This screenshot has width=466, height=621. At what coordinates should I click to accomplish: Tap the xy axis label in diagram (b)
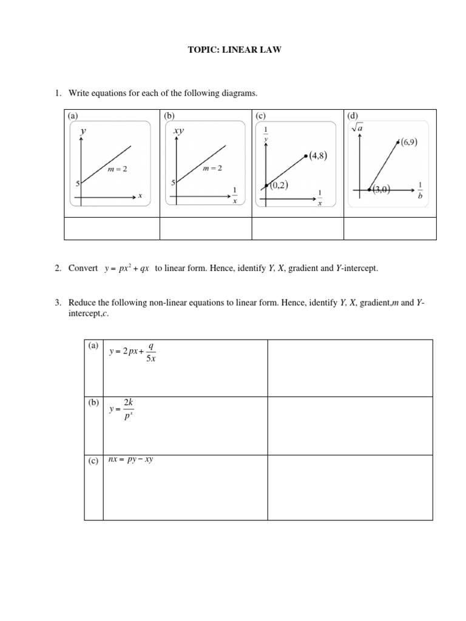pyautogui.click(x=178, y=130)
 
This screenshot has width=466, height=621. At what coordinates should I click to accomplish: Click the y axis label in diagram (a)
pyautogui.click(x=83, y=130)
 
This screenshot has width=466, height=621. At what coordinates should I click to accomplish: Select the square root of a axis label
pyautogui.click(x=357, y=129)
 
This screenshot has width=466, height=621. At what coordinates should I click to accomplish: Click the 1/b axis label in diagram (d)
pyautogui.click(x=420, y=189)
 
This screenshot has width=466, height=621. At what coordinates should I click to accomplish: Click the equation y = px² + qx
pyautogui.click(x=129, y=269)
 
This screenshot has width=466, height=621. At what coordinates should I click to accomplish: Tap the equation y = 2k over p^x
pyautogui.click(x=121, y=409)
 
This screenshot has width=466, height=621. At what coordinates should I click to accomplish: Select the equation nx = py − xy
pyautogui.click(x=130, y=460)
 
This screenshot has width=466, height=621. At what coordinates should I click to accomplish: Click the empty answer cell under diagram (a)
pyautogui.click(x=112, y=229)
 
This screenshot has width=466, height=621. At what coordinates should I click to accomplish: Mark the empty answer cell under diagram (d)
pyautogui.click(x=390, y=229)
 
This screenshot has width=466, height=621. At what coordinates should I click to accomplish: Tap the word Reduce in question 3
pyautogui.click(x=82, y=303)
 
